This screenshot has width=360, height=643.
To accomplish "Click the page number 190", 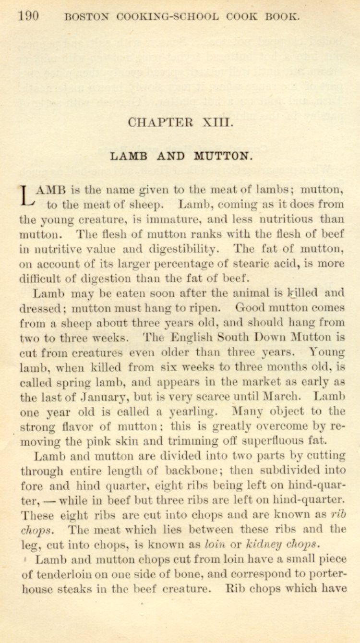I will coord(28,16).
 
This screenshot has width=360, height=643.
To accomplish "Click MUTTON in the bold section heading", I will coord(222,156).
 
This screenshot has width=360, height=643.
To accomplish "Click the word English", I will coord(191,338).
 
